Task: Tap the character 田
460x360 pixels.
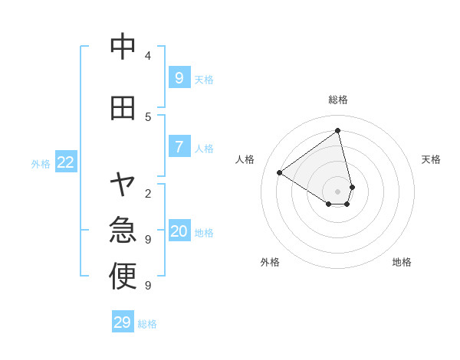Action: tap(123, 108)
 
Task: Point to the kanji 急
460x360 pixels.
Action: tap(123, 229)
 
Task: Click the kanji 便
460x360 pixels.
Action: tap(123, 276)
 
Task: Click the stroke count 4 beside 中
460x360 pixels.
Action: tap(148, 56)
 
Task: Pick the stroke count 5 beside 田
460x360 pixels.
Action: tap(148, 116)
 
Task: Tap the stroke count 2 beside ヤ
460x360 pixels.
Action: tap(148, 193)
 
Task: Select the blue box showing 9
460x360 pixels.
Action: tap(179, 77)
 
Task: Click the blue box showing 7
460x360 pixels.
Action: tap(179, 146)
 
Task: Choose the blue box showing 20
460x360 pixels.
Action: tap(179, 231)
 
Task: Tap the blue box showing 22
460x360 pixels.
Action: tap(66, 162)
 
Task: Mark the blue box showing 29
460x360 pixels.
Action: tap(123, 322)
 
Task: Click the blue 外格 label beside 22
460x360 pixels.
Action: tap(41, 163)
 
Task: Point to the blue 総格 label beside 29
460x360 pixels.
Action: tap(148, 324)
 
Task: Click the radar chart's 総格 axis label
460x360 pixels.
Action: tap(338, 100)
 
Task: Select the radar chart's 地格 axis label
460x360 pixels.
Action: tap(402, 262)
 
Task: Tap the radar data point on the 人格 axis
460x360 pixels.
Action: tap(279, 172)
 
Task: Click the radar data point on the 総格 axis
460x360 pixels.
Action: tap(338, 130)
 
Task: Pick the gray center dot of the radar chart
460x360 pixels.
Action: tap(338, 191)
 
